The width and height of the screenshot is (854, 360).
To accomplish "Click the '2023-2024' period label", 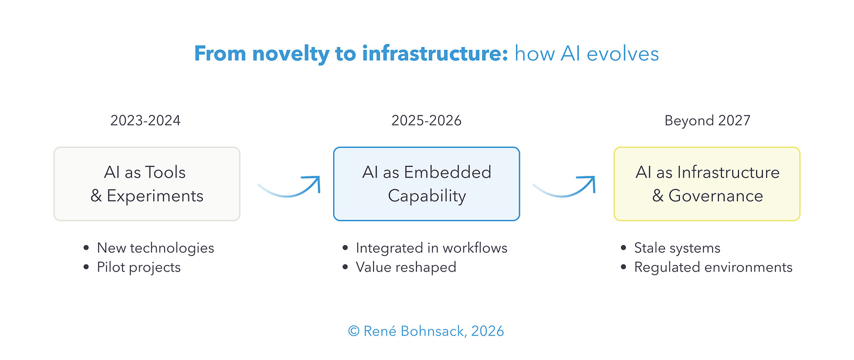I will click(x=145, y=121).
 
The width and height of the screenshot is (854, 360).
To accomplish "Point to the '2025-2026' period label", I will click(x=426, y=121).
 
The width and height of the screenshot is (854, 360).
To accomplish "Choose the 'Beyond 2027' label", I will click(x=707, y=121).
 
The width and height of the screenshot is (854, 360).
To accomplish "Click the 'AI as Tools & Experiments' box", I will click(x=147, y=184).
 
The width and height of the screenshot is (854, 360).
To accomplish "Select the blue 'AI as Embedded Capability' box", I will click(x=426, y=184).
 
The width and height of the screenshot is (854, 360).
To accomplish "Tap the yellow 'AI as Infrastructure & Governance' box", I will click(x=707, y=184).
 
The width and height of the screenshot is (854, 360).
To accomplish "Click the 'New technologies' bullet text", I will click(x=155, y=248).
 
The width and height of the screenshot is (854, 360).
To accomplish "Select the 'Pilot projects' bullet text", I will click(x=139, y=267).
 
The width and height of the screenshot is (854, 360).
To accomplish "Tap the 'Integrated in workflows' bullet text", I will click(x=431, y=248).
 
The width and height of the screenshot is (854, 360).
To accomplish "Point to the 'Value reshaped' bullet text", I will click(x=406, y=267).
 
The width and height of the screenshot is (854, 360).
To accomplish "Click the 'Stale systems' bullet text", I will click(x=677, y=248).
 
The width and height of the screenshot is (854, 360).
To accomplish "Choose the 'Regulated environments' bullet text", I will click(x=713, y=267).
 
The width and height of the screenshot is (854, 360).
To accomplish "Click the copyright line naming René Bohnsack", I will click(x=426, y=331).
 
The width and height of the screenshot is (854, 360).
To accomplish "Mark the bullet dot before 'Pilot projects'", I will click(x=87, y=268).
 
